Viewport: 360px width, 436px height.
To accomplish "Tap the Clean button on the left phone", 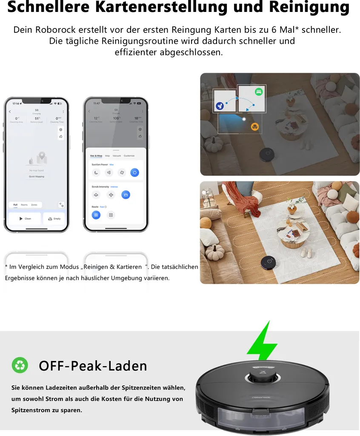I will (x=25, y=218).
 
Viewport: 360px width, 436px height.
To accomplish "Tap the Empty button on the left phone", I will (x=54, y=218).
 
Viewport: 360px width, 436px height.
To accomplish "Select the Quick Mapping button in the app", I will (x=36, y=176).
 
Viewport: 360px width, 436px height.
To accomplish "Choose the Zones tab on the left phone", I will (x=34, y=205).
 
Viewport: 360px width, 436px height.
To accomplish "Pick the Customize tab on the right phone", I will (x=129, y=156).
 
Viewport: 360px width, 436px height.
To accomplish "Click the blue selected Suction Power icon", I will (x=134, y=172).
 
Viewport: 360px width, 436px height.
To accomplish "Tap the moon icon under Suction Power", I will (x=96, y=172).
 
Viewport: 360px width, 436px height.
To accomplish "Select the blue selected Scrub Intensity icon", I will (x=126, y=195).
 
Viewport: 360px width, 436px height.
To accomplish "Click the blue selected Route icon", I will (x=96, y=215).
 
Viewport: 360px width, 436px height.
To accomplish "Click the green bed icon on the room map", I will (x=258, y=92).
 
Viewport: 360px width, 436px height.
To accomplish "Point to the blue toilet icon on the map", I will (x=220, y=106).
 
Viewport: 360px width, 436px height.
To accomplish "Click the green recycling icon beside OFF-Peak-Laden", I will (x=20, y=365).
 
